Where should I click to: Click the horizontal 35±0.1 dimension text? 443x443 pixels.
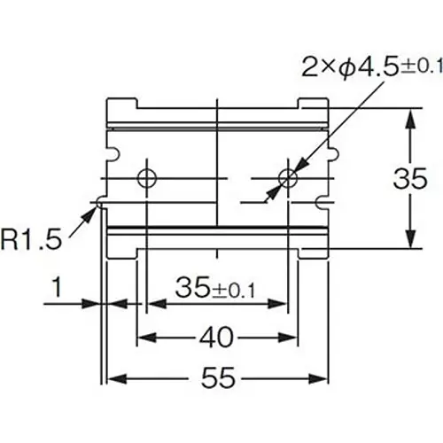coord(216,289)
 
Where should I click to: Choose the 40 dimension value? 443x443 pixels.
coord(215,337)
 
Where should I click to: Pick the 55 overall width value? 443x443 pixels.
coord(215,379)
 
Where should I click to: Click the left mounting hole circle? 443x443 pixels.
coord(148,177)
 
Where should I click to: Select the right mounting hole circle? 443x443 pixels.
coord(287,177)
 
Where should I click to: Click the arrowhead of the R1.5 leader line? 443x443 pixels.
coord(95,207)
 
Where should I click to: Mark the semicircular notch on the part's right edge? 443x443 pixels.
coord(328,156)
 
